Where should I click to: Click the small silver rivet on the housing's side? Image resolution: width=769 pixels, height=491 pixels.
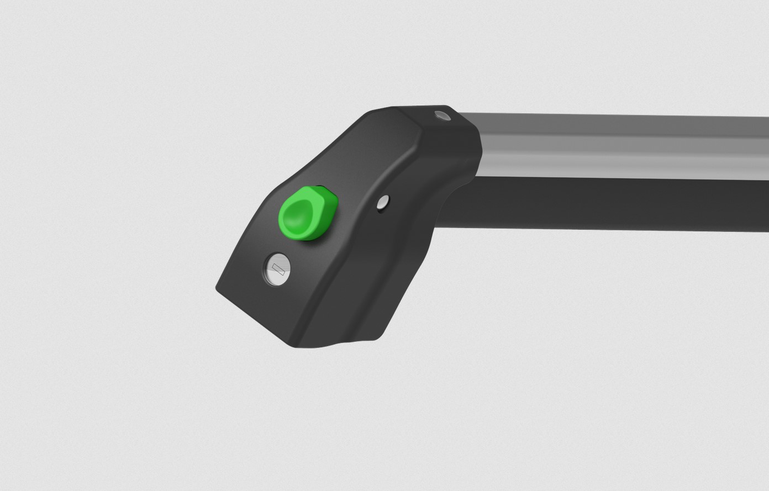383,203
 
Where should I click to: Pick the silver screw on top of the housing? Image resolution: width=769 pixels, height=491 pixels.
442,115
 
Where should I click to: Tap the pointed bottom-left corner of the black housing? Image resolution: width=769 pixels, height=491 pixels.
218,287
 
